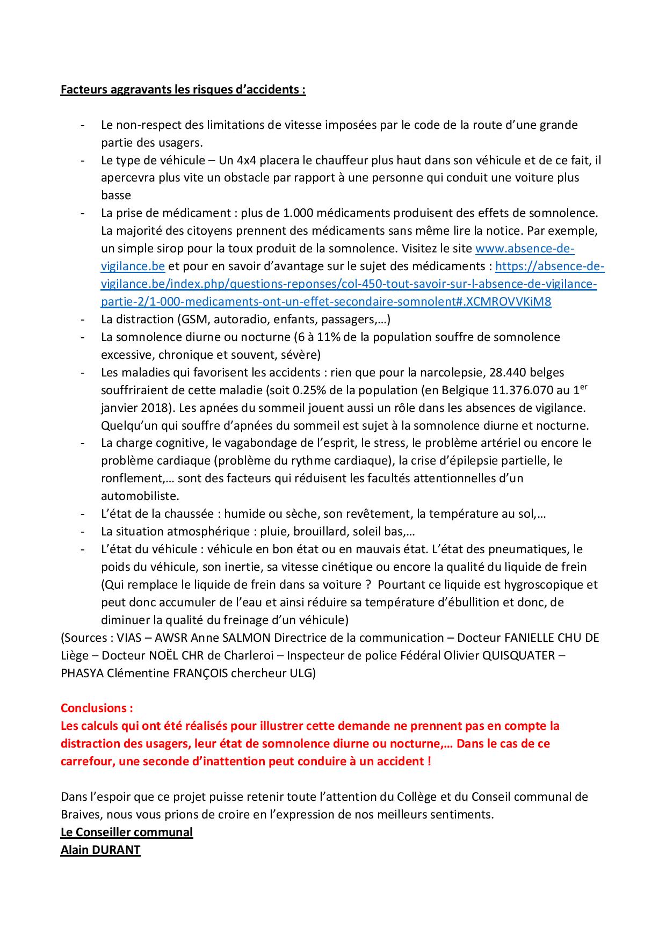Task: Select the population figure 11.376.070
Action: [x=529, y=390]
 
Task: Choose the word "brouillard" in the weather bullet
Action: [x=317, y=531]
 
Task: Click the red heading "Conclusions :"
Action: [x=97, y=708]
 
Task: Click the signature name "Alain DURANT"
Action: [x=100, y=850]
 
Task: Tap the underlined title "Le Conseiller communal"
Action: [x=126, y=832]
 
